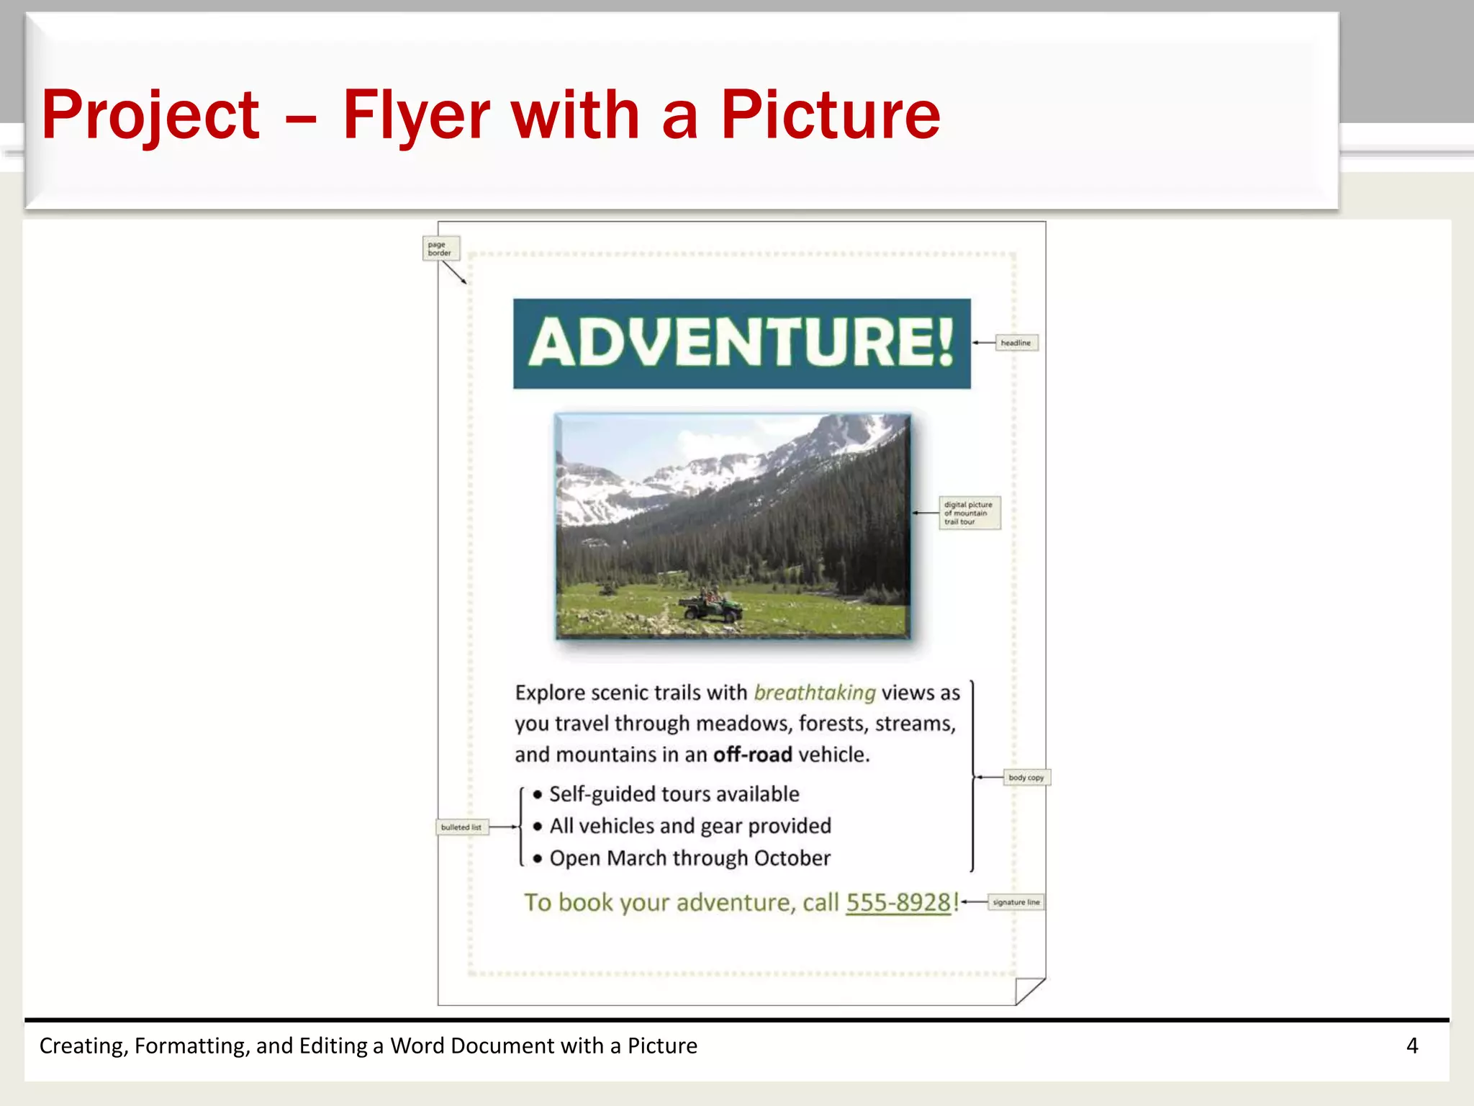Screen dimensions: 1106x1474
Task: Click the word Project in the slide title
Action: (x=150, y=115)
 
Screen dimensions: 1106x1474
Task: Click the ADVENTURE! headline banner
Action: (x=741, y=343)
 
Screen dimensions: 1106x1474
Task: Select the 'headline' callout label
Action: (x=1016, y=343)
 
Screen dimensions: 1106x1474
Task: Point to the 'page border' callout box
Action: (x=440, y=248)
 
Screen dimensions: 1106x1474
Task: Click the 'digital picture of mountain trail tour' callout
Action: (x=969, y=513)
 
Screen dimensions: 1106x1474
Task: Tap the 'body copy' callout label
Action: (x=1026, y=778)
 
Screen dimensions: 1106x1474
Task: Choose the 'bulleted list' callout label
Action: (x=461, y=827)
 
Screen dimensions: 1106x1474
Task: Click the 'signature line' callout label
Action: (x=1016, y=902)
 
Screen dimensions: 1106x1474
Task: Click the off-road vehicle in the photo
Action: (x=711, y=606)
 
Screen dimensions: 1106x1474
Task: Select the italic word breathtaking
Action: (x=814, y=693)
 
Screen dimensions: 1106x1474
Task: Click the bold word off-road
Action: (x=752, y=755)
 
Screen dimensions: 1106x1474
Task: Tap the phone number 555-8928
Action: (x=898, y=902)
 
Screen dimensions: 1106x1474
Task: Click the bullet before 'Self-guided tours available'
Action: (x=538, y=794)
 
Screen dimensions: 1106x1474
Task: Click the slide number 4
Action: (x=1411, y=1046)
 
